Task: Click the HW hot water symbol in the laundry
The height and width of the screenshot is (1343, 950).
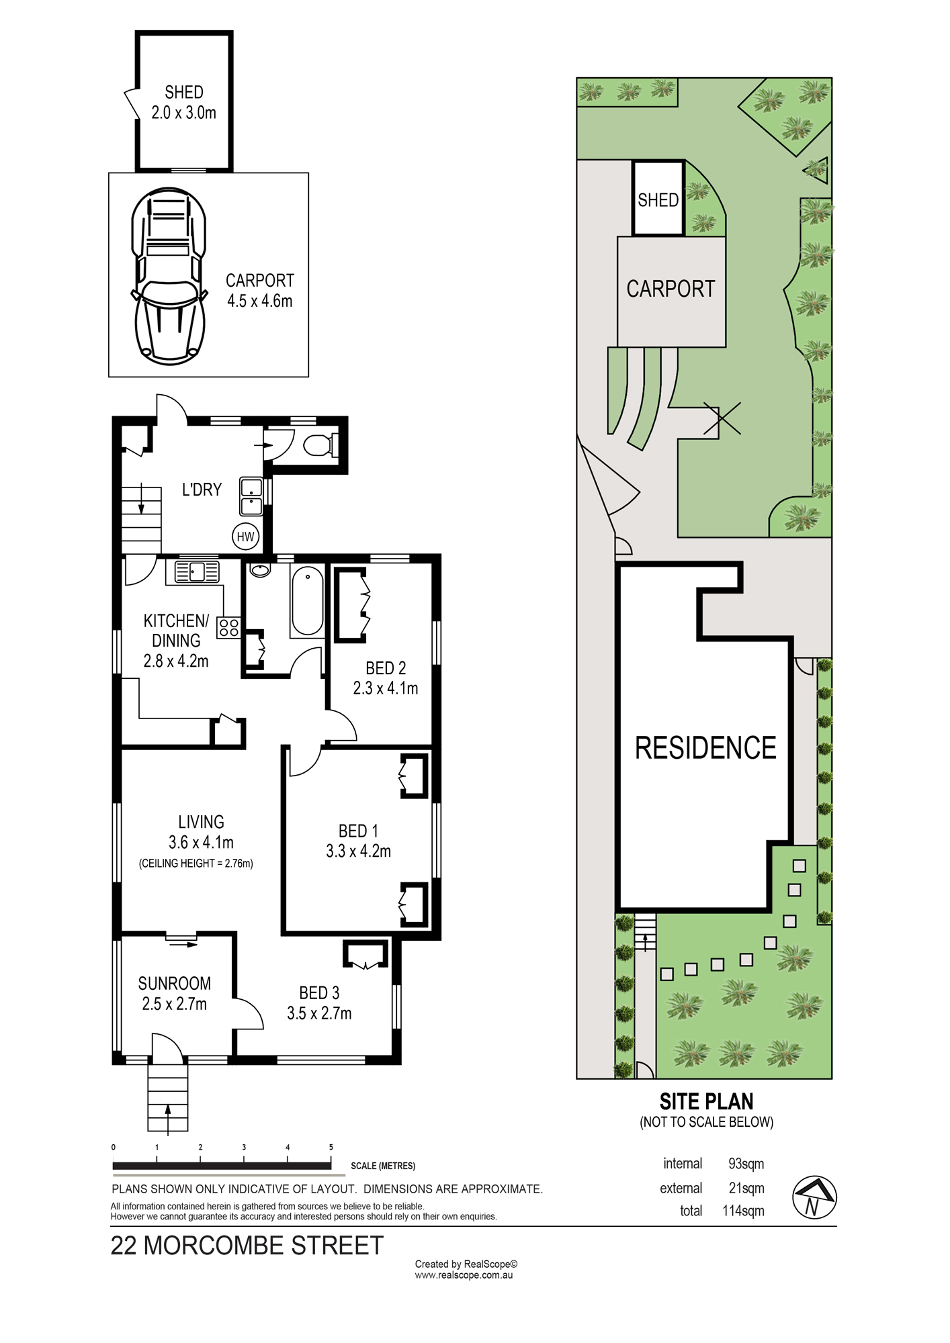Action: point(246,536)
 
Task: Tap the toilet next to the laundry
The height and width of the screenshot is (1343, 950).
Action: point(321,445)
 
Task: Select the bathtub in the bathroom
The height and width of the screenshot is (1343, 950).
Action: point(308,601)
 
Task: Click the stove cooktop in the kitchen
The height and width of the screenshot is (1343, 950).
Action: point(228,627)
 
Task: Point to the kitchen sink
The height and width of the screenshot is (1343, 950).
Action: point(197,572)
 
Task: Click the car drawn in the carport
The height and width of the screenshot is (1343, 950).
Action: point(169,277)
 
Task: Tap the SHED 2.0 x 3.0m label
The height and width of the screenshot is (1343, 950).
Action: point(184,102)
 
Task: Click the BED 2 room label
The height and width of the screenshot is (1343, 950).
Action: point(386,668)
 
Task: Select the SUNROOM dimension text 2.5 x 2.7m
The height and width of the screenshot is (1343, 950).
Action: point(174,1004)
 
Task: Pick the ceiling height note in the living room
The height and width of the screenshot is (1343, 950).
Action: point(196,864)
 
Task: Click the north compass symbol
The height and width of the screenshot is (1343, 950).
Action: point(814,1197)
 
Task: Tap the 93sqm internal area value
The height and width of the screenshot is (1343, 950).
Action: point(746,1164)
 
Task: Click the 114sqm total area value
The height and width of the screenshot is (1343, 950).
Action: point(743,1211)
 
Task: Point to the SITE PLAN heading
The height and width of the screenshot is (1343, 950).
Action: point(706,1101)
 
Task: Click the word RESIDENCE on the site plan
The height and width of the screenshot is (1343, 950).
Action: point(705,747)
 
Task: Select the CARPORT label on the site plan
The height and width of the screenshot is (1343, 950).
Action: point(671,289)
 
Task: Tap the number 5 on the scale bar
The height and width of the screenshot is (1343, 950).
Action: point(331,1147)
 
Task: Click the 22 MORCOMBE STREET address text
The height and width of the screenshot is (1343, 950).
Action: point(247,1246)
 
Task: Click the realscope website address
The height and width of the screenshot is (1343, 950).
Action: point(464,1275)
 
